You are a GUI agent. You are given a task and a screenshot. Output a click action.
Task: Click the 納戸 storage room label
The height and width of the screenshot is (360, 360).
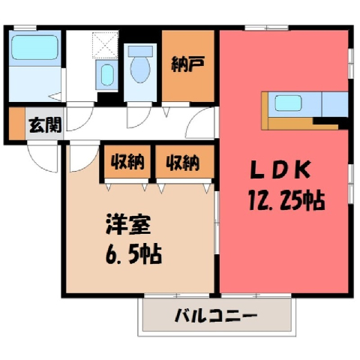(x=188, y=64)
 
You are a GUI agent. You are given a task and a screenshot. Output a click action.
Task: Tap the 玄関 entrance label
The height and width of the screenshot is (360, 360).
(x=45, y=124)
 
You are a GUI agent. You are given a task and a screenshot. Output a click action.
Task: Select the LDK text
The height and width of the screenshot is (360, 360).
(x=280, y=170)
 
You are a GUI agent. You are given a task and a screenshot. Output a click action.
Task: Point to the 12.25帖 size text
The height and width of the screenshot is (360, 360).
(x=286, y=200)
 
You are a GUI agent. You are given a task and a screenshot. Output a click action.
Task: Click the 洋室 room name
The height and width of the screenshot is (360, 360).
(x=128, y=224)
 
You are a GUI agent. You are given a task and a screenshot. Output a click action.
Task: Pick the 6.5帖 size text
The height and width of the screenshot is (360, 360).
(x=133, y=255)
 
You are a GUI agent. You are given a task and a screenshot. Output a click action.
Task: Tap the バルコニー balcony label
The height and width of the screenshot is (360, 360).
(x=216, y=316)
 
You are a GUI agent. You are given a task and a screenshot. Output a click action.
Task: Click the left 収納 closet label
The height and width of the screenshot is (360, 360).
(x=127, y=162)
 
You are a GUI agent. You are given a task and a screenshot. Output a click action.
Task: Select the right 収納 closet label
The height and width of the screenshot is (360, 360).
(x=183, y=163)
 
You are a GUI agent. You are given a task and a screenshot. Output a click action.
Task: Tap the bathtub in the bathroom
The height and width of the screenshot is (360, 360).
(x=35, y=47)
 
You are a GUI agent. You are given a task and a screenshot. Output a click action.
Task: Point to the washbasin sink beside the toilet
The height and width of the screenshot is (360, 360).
(x=107, y=75)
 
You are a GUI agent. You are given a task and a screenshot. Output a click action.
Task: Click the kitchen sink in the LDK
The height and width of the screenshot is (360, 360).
(x=288, y=103)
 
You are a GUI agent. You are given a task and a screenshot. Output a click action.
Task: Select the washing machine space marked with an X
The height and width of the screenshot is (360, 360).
(x=105, y=45)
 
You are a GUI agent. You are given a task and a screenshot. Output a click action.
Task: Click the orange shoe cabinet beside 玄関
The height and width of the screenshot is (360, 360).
(x=17, y=124)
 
